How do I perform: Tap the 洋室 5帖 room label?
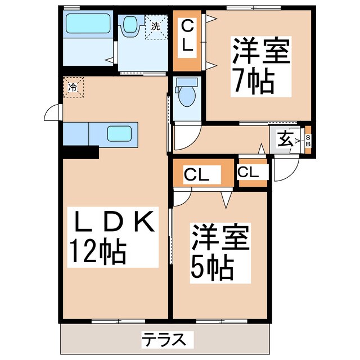click(219, 253)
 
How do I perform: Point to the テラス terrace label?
click(163, 339)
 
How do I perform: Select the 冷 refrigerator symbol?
click(73, 87)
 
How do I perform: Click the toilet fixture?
click(185, 92)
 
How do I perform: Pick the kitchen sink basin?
click(119, 134)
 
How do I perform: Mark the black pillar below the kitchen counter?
click(80, 152)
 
